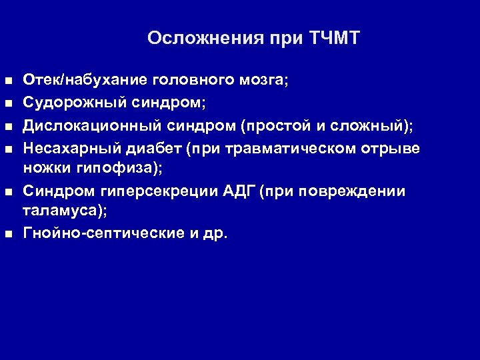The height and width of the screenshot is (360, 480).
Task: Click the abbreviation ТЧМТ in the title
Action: [335, 38]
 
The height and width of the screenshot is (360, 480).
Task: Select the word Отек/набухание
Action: [87, 80]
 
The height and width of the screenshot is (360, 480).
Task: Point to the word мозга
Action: [265, 80]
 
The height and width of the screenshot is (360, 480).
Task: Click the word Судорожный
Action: [69, 103]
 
